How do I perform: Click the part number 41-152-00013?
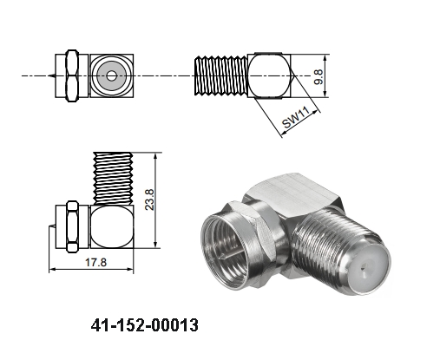144,327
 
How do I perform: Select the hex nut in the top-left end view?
69,75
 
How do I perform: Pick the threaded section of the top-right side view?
220,76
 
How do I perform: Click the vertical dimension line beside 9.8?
325,76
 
